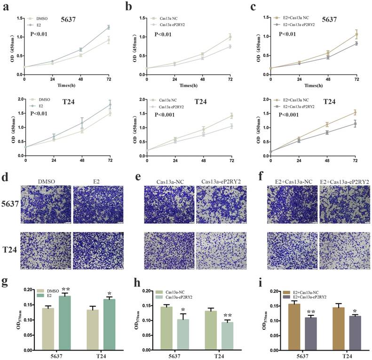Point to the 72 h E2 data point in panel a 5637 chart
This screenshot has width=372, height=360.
[109, 27]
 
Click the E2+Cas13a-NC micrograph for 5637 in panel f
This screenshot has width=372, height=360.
[291, 204]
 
